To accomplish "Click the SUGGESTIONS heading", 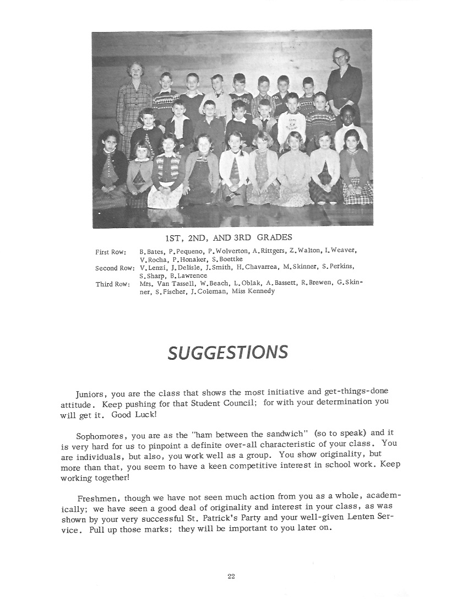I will tap(227, 351).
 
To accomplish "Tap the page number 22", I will tap(231, 576).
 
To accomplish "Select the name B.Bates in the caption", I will tap(151, 251).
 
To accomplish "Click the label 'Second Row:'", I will tap(115, 268).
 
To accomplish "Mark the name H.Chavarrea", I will tap(255, 267).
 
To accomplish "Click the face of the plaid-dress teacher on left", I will tap(134, 71).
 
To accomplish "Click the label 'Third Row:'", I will tap(113, 284).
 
